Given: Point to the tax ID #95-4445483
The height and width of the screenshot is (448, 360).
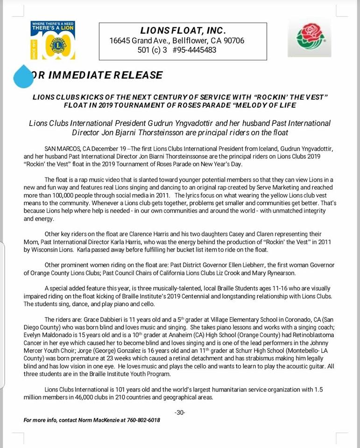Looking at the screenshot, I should pyautogui.click(x=193, y=50).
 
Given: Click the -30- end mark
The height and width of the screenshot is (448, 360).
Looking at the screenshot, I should pyautogui.click(x=180, y=413).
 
